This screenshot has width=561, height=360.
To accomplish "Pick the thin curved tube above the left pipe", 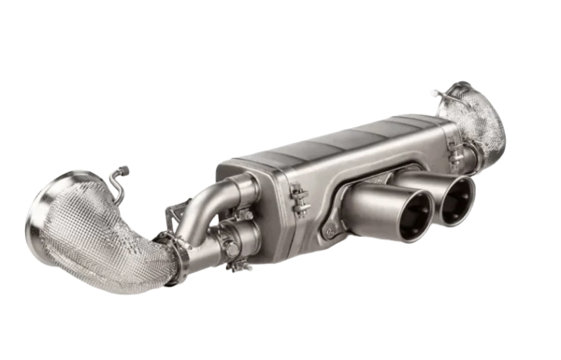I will point(115,187).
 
